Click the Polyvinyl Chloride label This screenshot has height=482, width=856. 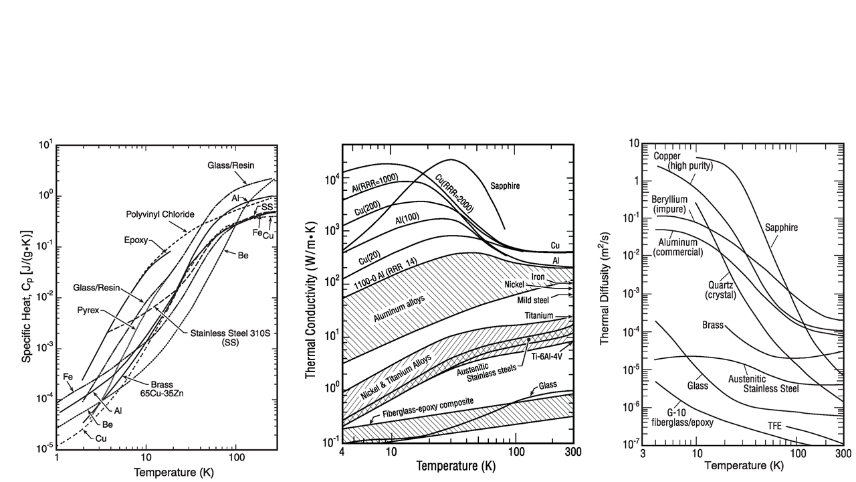click(160, 214)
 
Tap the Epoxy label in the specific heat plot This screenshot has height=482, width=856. click(135, 240)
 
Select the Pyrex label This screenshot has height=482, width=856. click(92, 311)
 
